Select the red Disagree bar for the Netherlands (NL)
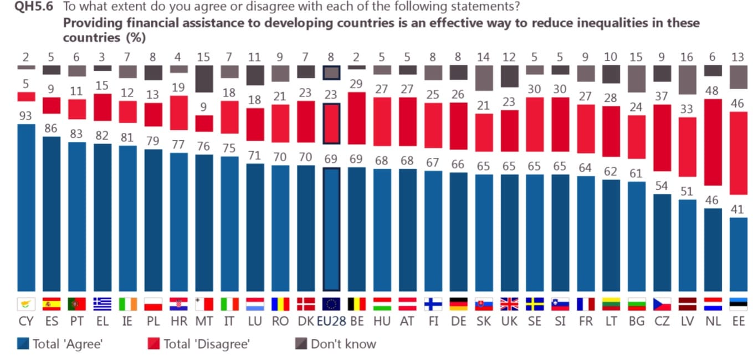[713, 142]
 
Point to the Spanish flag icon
[52, 304]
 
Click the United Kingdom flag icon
[509, 304]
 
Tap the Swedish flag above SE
[534, 304]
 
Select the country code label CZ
[662, 321]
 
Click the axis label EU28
[331, 321]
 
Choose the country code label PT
[77, 321]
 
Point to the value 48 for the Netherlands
[713, 91]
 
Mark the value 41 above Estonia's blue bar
[739, 209]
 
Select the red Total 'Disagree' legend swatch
[153, 344]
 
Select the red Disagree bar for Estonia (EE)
[739, 153]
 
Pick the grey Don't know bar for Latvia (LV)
[688, 80]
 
